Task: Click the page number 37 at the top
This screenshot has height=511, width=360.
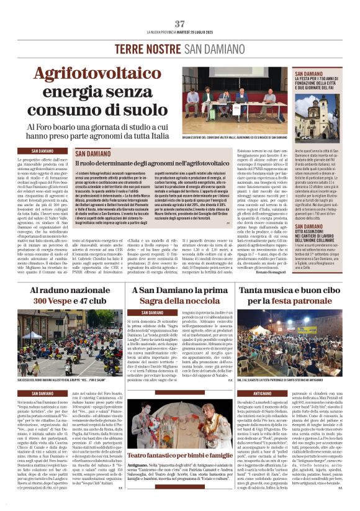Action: coord(180,24)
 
